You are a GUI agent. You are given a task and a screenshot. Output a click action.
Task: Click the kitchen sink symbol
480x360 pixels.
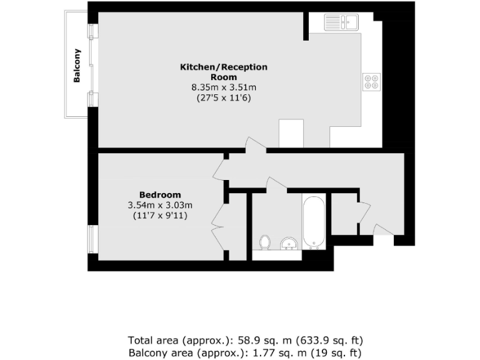point(340,22)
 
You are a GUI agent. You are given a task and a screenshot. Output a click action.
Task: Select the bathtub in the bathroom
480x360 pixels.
point(313,222)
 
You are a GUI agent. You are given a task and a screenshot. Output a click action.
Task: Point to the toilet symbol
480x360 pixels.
point(265,241)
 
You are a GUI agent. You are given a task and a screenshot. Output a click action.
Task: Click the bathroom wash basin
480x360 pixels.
point(288,242)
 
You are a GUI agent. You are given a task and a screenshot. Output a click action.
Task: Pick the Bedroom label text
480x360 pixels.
point(159,194)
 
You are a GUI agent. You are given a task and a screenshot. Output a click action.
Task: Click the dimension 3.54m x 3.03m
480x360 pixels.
point(159,205)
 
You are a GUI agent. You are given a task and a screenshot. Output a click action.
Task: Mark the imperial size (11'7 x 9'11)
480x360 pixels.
point(159,216)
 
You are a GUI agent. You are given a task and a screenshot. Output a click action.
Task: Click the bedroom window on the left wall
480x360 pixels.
point(92,240)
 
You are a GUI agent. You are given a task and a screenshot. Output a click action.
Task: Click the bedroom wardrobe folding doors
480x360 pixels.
point(219,219)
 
